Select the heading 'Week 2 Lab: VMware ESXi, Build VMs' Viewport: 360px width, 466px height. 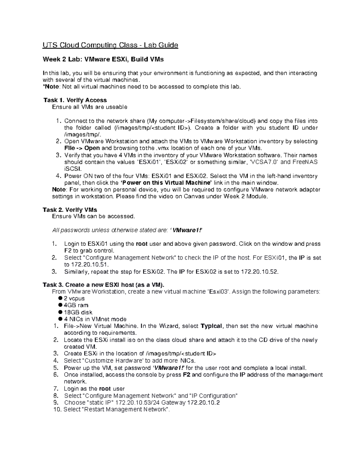tap(103, 59)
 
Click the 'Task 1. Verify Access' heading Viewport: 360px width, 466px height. tap(75, 100)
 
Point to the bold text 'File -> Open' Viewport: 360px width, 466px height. tap(82, 148)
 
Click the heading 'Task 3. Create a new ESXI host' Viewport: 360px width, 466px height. tap(103, 285)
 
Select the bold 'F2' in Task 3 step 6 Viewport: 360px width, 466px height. tap(186, 375)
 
